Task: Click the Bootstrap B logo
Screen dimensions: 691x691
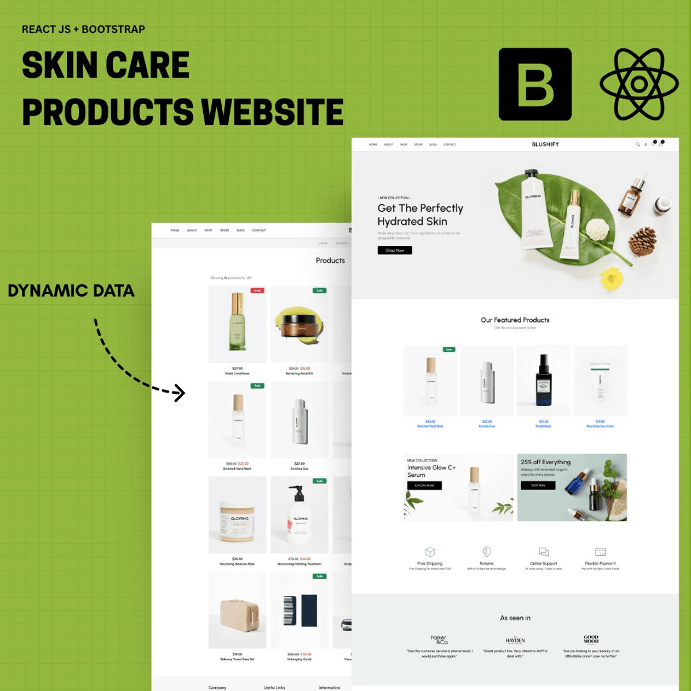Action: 535,84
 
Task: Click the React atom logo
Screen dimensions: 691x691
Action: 639,84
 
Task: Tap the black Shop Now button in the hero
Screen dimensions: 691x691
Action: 394,250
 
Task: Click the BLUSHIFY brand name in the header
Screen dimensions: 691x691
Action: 545,145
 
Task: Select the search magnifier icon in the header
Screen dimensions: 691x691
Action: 638,145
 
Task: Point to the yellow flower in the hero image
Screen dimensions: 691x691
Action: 612,278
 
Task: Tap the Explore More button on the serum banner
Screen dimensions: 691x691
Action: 424,485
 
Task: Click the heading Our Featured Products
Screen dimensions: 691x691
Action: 515,320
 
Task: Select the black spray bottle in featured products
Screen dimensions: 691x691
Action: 543,380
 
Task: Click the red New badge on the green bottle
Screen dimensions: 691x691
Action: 257,291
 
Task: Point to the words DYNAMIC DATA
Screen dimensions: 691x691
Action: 71,291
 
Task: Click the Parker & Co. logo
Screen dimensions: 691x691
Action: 439,639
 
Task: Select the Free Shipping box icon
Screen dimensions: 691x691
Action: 430,552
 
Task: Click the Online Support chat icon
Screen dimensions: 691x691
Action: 544,552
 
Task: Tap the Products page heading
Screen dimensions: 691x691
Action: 330,260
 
